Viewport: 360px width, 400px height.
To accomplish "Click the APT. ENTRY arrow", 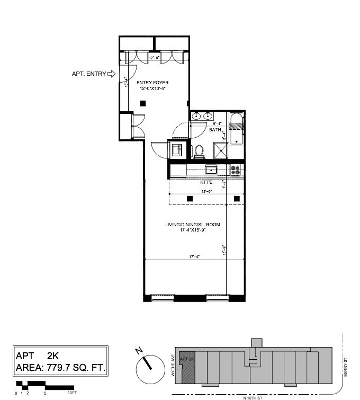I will tap(111, 74).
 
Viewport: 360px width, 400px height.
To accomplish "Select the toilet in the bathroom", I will tap(200, 151).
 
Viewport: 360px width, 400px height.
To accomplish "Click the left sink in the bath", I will tap(196, 116).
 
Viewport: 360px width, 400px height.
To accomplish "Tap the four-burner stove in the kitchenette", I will tap(236, 170).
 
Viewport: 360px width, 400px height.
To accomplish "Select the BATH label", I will tap(215, 130).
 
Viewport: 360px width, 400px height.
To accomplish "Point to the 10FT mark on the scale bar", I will tap(72, 393).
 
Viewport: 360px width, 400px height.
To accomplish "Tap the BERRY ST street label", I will tap(345, 367).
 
